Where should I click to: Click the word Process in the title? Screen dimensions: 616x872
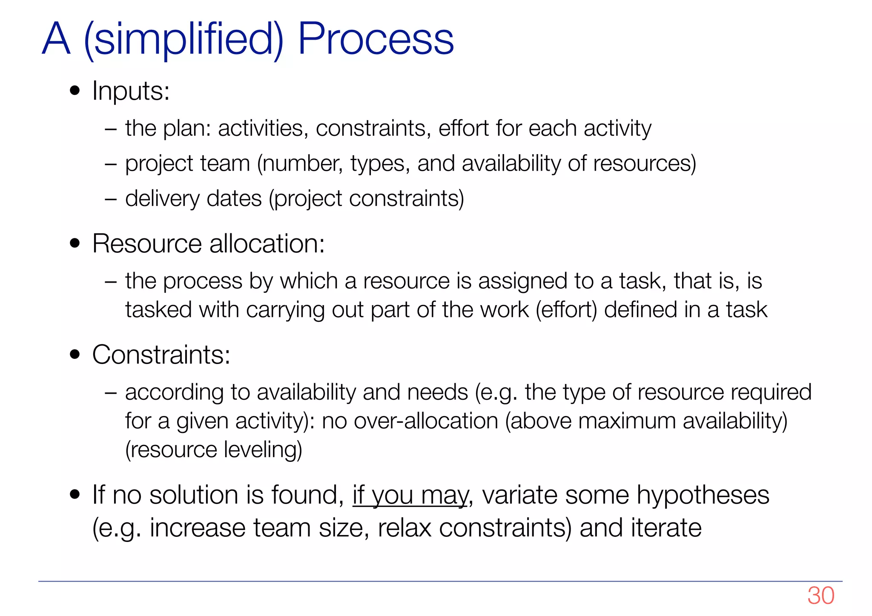[x=376, y=39]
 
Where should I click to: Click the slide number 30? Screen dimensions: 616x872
[x=820, y=596]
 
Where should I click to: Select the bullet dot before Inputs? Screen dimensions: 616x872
[x=75, y=91]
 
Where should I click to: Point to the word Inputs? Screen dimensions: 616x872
[x=131, y=91]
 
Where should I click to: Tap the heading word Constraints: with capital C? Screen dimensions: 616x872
[x=161, y=355]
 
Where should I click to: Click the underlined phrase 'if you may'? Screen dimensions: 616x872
[x=410, y=496]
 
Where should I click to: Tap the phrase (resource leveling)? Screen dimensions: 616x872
[x=213, y=450]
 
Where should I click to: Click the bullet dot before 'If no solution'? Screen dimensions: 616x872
[x=75, y=495]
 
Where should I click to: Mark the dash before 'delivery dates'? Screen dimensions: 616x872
[x=110, y=199]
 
